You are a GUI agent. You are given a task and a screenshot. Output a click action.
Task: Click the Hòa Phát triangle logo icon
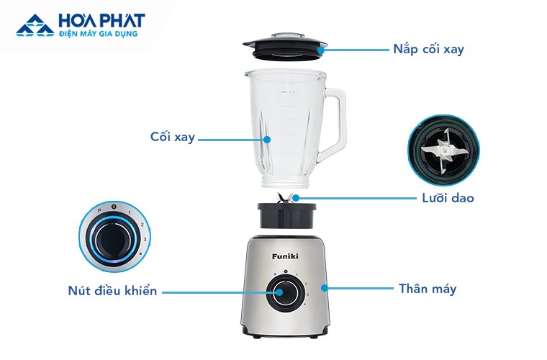(x=35, y=25)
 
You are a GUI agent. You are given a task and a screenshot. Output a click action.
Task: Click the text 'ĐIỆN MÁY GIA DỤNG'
(x=99, y=34)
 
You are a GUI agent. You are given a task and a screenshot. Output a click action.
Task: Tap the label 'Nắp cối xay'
(x=429, y=49)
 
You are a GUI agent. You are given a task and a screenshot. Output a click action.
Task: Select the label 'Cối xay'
(x=172, y=137)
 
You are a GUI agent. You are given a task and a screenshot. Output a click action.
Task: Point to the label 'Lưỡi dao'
(x=448, y=198)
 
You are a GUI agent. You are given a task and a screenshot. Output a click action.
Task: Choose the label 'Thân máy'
(x=428, y=289)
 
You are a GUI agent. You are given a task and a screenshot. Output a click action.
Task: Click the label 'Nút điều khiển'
(x=112, y=291)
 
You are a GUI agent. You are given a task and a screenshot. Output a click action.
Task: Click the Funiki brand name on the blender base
(x=285, y=256)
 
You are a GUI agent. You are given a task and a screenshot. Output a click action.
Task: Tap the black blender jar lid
(x=285, y=46)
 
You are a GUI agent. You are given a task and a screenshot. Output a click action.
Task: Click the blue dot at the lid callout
(x=321, y=50)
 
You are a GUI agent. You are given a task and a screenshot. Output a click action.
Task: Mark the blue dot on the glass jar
(x=267, y=140)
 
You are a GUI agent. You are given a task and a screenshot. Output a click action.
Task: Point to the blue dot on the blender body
(x=325, y=288)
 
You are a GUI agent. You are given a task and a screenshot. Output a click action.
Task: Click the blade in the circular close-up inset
(x=441, y=150)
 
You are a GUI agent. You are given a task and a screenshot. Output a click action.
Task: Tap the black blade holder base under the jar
(x=286, y=215)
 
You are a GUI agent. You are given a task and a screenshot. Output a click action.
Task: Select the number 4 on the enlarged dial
(x=140, y=253)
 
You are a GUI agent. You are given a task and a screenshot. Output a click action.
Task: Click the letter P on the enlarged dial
(x=99, y=211)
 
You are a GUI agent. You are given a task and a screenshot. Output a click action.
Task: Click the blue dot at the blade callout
(x=296, y=198)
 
